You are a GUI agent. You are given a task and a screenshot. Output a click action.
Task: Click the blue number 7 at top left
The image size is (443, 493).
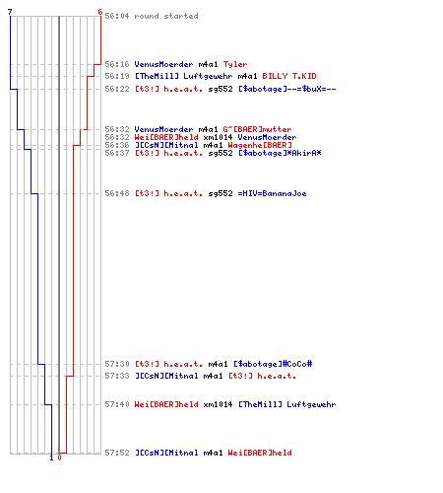(10, 12)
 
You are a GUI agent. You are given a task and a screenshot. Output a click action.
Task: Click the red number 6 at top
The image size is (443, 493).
(100, 12)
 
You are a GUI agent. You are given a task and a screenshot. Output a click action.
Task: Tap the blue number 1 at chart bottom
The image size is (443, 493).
(51, 458)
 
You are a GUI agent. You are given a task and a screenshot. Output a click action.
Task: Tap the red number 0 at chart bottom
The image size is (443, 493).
(59, 458)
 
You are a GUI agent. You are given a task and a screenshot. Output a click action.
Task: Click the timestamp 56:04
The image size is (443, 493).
(117, 16)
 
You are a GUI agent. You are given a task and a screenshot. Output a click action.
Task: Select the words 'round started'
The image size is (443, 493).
(166, 16)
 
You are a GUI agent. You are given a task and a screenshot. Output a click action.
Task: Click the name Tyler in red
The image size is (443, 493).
(235, 64)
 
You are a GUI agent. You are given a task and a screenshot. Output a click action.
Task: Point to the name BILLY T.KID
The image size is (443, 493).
(289, 76)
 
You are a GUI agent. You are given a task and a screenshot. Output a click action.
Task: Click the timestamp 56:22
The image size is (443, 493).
(117, 89)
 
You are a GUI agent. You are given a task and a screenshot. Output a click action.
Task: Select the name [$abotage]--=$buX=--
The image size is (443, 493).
(287, 89)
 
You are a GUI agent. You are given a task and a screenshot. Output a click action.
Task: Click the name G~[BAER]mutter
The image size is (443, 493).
(257, 129)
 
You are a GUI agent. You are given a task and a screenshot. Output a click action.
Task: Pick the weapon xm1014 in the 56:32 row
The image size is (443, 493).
(218, 137)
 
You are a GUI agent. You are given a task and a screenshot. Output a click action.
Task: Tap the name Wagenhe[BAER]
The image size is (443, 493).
(260, 145)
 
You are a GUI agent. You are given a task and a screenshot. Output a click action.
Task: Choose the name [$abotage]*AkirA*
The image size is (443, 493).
(280, 153)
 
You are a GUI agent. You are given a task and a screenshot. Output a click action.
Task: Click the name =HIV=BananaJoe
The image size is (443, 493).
(272, 193)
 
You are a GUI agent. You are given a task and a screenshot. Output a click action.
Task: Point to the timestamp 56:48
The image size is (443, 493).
(117, 193)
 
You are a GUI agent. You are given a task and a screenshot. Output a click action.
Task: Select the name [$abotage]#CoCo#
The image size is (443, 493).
(273, 364)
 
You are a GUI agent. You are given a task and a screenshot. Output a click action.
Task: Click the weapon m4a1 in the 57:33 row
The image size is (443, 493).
(213, 376)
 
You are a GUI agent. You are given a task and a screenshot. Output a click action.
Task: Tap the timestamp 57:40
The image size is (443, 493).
(117, 404)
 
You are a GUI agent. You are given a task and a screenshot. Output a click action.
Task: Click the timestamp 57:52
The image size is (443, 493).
(117, 453)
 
